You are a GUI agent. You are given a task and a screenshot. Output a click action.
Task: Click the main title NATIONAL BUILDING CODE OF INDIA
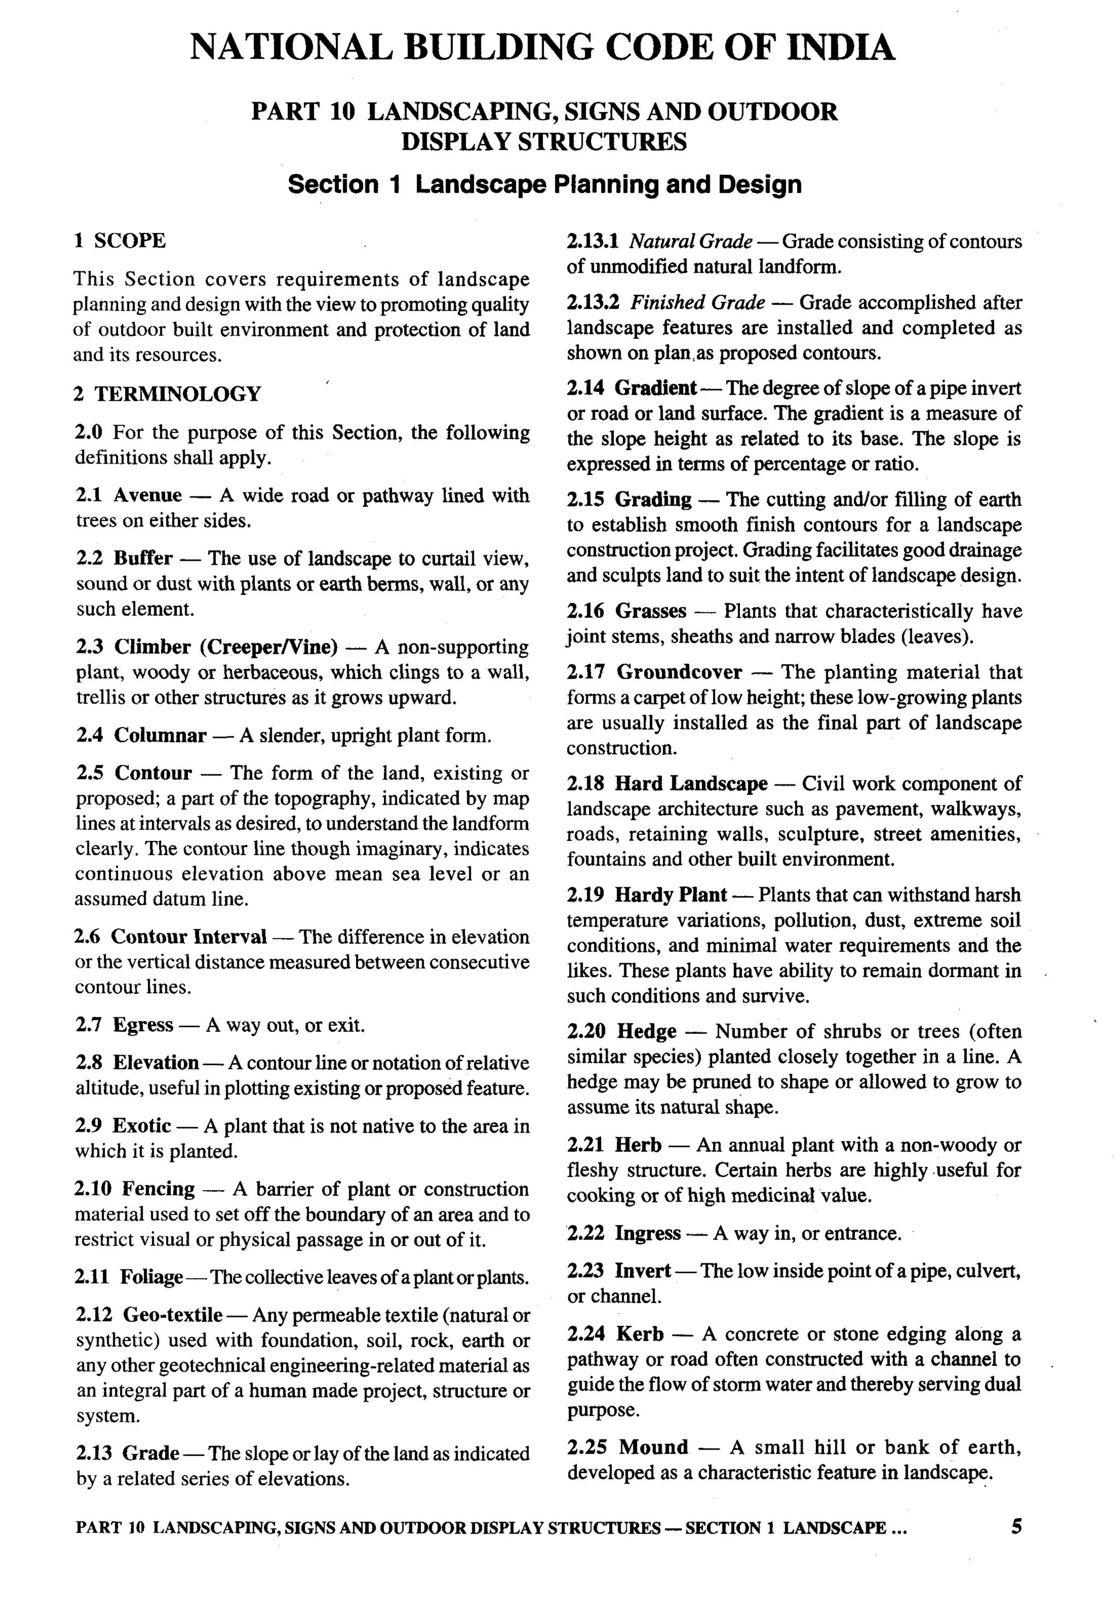click(x=542, y=48)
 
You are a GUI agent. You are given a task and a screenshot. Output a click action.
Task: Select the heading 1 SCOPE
click(x=120, y=241)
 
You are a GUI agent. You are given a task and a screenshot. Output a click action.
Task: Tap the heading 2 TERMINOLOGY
click(x=167, y=394)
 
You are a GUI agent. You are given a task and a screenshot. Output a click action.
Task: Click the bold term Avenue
click(x=147, y=495)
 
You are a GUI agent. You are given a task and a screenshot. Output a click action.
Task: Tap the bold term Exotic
click(x=142, y=1126)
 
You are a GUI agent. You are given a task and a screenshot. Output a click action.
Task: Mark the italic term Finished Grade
click(x=698, y=302)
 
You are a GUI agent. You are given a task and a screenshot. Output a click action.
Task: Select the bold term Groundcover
click(x=679, y=672)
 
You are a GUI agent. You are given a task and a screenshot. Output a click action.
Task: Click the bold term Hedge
click(x=646, y=1031)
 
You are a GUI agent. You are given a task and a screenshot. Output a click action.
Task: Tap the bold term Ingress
click(x=647, y=1233)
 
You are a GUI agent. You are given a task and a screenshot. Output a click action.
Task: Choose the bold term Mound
click(x=654, y=1447)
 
